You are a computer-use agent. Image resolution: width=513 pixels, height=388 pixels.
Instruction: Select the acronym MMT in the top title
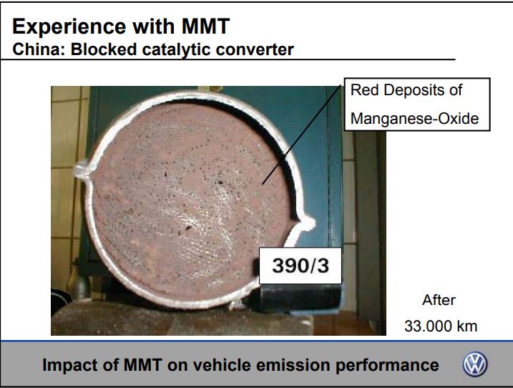206,26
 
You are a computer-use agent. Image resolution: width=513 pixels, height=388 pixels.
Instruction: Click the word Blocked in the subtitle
104,50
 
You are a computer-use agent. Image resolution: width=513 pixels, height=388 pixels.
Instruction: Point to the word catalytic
176,50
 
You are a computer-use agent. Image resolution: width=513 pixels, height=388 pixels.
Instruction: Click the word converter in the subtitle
255,50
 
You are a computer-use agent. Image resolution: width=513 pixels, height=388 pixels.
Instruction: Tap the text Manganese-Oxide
414,119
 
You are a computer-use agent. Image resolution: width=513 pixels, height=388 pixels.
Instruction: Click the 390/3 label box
301,266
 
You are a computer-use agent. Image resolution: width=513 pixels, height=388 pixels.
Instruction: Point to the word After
439,300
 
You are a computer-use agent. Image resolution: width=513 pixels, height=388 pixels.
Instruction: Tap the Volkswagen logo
474,364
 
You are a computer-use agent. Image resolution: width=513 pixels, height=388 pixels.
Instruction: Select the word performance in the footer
387,366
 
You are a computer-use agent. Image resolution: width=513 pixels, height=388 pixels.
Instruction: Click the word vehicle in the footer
222,365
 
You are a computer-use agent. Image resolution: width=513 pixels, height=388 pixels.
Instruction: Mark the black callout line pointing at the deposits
301,135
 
